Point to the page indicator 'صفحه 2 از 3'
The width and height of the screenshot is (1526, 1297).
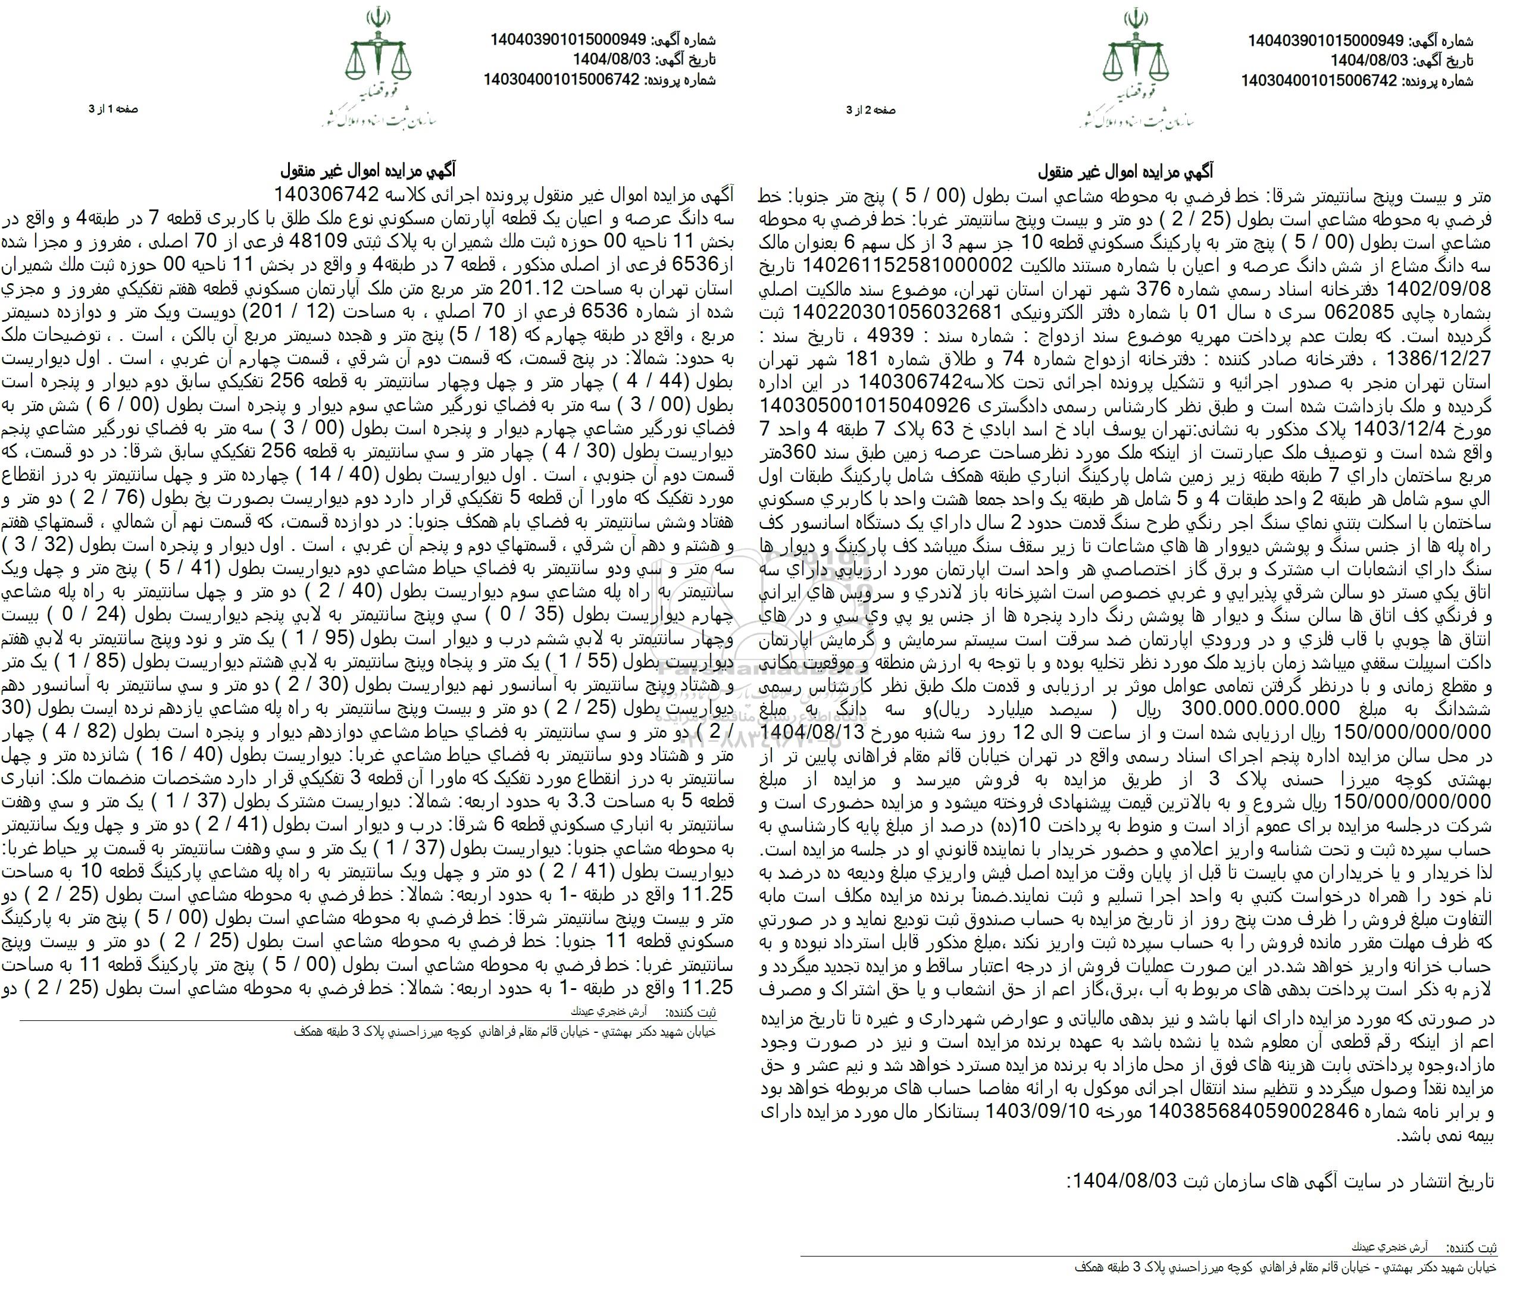click(x=871, y=110)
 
